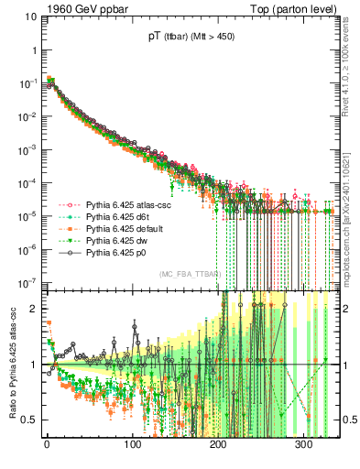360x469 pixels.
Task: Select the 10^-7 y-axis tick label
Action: click(25, 281)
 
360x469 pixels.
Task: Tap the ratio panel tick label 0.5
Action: click(27, 420)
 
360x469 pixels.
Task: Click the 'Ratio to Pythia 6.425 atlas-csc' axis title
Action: click(9, 365)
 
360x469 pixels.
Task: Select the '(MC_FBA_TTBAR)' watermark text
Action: click(190, 274)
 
